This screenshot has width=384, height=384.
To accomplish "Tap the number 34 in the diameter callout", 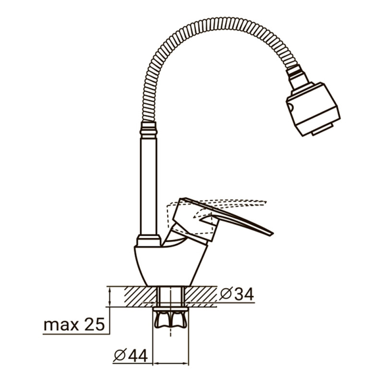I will coord(243,293).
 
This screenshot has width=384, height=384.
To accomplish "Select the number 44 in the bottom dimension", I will coord(137,355).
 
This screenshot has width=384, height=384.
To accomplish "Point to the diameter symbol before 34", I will coord(226,293).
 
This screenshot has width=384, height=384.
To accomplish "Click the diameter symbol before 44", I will coord(120,355).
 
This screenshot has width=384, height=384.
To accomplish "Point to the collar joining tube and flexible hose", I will coord(148,129).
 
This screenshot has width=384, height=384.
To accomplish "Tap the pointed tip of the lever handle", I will coord(270,233).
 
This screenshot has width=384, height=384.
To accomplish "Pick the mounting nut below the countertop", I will coord(170,319).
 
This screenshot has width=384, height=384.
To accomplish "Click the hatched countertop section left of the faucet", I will coord(132,295).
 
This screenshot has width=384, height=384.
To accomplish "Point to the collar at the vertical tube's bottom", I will coord(148,240).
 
